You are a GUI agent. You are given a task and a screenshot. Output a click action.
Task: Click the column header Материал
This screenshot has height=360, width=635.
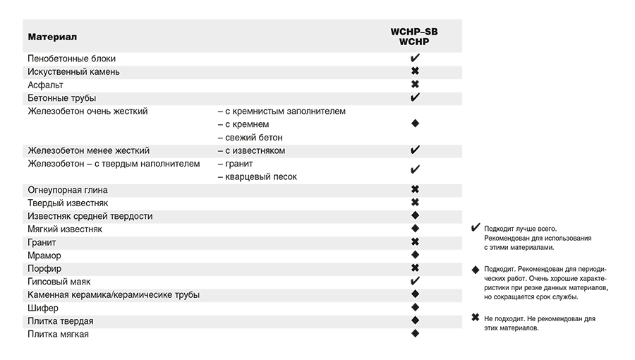(x=52, y=36)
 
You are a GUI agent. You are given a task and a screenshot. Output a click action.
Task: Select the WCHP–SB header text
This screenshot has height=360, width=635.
(x=415, y=32)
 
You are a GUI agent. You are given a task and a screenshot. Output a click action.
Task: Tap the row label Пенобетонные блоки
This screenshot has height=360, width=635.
(x=71, y=59)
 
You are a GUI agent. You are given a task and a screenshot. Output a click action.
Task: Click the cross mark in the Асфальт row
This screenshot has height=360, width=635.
(x=415, y=85)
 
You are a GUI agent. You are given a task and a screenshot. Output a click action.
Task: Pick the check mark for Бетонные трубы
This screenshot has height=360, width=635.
(x=415, y=97)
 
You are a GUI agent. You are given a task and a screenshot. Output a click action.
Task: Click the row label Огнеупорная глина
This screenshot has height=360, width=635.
(x=68, y=190)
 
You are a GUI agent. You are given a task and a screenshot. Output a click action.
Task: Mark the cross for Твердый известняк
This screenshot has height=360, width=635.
(x=415, y=203)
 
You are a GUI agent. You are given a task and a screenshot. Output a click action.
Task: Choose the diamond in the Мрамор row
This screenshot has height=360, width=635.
(x=415, y=255)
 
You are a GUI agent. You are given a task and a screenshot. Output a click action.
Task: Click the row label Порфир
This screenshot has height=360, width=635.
(x=44, y=268)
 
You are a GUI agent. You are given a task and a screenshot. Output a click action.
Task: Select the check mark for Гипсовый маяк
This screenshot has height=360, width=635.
(x=415, y=281)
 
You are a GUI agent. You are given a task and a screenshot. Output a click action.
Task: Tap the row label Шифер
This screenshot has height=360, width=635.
(x=43, y=308)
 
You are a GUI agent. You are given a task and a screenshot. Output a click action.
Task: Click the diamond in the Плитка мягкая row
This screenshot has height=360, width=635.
(x=415, y=333)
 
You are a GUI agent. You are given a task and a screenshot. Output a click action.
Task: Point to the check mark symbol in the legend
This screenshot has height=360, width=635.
(x=475, y=228)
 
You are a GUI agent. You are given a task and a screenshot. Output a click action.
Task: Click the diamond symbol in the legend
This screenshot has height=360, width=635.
(x=475, y=269)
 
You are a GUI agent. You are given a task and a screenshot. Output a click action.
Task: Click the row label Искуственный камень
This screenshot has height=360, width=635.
(x=73, y=71)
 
